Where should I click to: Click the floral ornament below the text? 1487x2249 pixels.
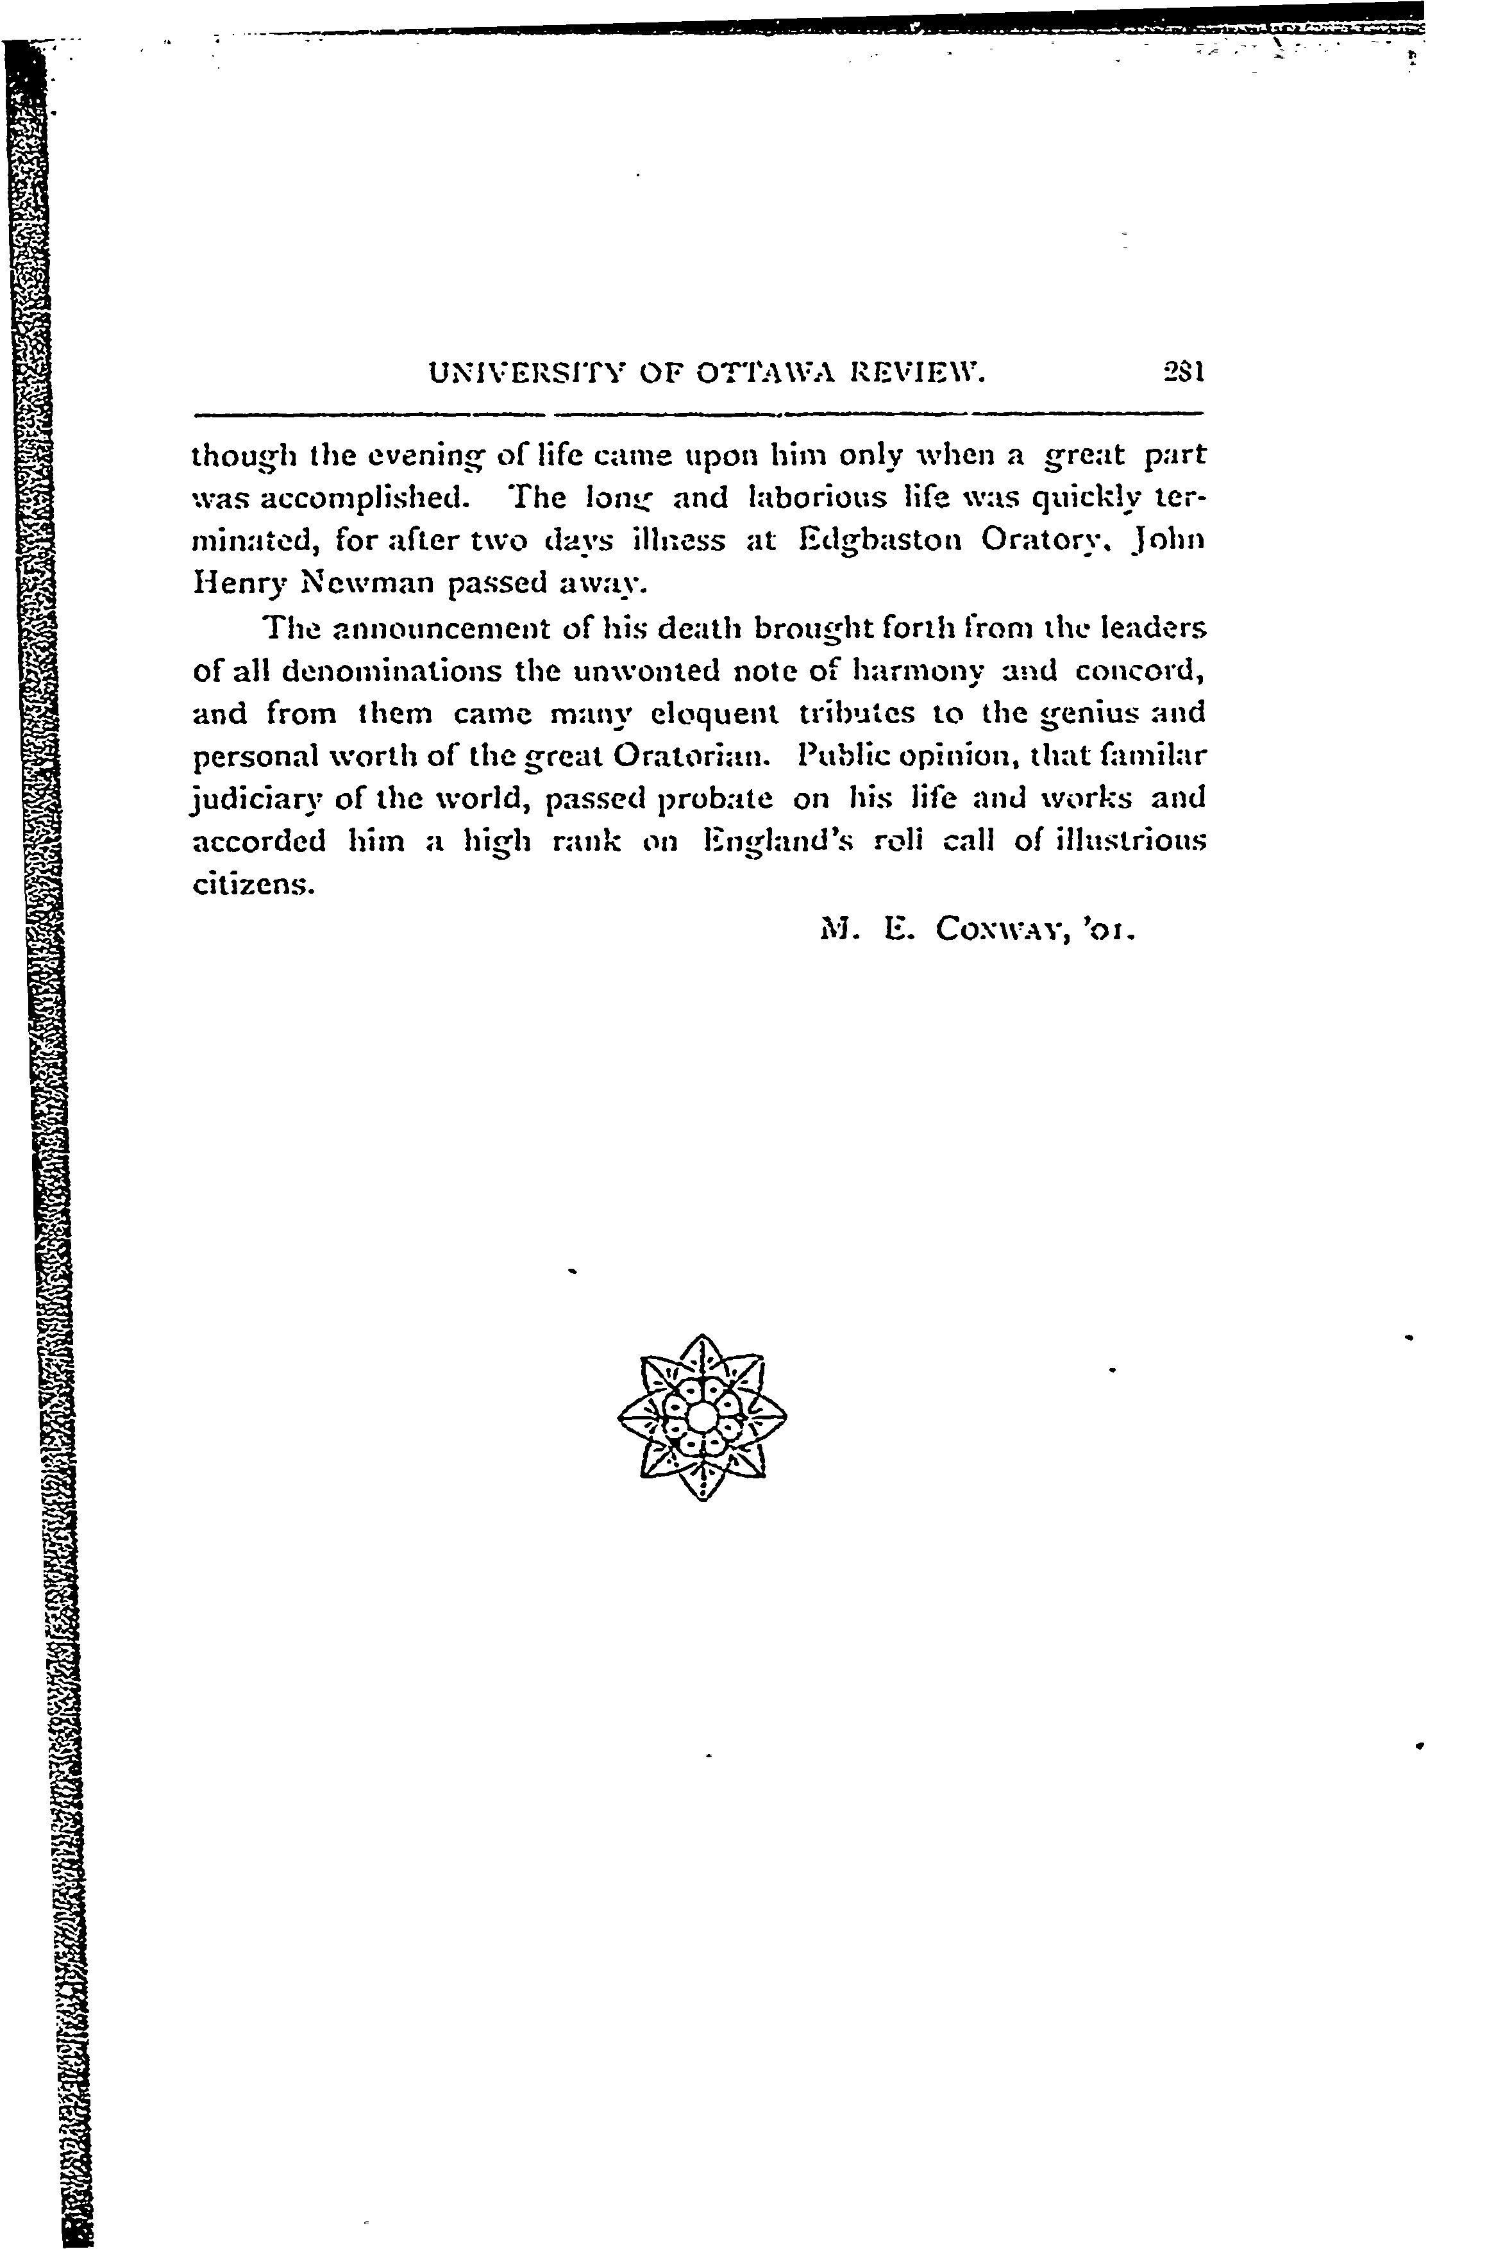[x=701, y=1417]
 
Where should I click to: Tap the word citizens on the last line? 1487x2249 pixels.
[x=252, y=885]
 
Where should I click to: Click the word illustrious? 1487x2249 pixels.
[x=1129, y=841]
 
